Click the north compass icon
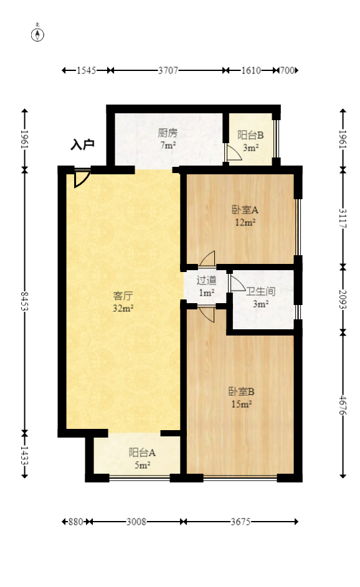point(38,34)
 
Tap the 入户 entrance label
point(82,145)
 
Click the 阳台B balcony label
point(250,135)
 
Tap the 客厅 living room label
point(123,295)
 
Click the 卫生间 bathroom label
point(260,291)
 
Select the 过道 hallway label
point(206,280)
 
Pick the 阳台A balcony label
point(142,453)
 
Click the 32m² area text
point(123,308)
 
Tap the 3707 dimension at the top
point(168,70)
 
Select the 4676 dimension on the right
point(342,404)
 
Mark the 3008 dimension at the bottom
point(136,522)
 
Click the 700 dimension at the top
point(286,70)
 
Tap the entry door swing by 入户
point(81,178)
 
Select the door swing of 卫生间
point(237,283)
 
